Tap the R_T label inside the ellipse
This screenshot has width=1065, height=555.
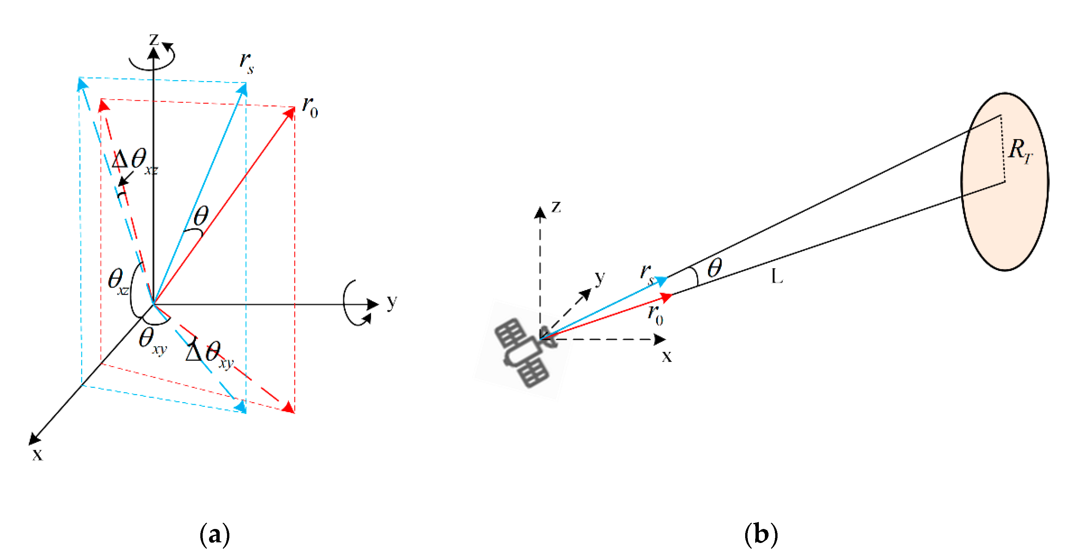(1020, 151)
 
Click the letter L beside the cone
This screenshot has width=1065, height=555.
(777, 276)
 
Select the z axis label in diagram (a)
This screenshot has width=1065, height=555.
(154, 40)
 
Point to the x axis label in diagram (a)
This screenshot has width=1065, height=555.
(37, 454)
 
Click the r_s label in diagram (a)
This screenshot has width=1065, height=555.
(247, 62)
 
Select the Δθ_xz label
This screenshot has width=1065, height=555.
(134, 161)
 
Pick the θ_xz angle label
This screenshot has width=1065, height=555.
(118, 281)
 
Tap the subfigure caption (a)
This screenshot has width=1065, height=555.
(215, 534)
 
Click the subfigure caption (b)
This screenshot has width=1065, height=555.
(761, 534)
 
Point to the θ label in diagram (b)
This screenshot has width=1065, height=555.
(714, 268)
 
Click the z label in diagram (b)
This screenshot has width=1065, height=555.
(556, 207)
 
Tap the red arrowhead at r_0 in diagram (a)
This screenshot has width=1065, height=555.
(290, 112)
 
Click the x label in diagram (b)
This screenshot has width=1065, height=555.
(666, 356)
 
